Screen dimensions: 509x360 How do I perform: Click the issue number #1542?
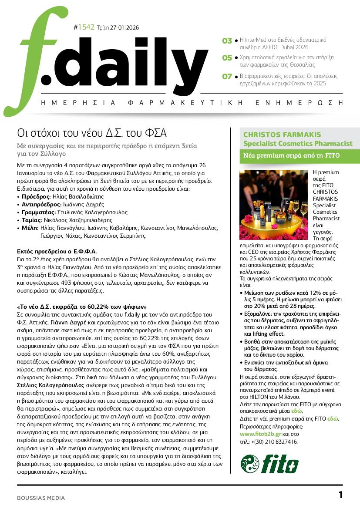84,27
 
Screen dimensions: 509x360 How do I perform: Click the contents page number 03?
227,41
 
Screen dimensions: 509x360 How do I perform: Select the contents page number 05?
227,57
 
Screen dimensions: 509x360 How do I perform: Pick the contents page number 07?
227,76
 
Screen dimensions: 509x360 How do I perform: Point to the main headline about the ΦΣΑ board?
92,132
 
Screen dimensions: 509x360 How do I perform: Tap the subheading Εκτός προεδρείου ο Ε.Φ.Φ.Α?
57,251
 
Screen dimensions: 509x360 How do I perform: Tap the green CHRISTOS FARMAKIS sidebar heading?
282,135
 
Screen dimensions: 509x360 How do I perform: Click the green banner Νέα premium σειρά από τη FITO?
292,155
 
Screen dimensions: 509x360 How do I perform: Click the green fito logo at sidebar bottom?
270,464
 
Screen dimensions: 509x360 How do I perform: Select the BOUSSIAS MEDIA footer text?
41,498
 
